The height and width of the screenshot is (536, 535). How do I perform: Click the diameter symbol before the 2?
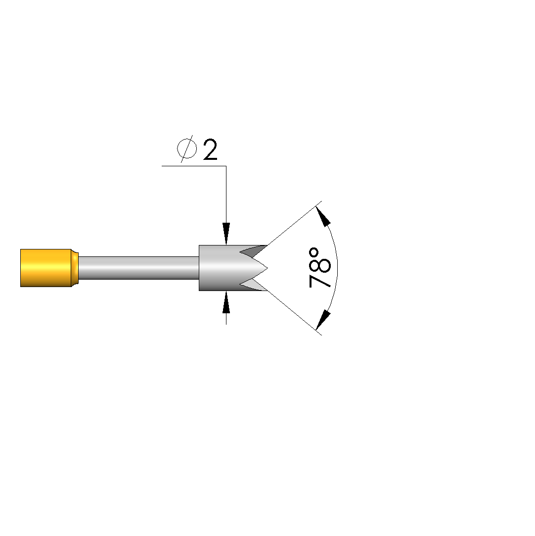pos(187,148)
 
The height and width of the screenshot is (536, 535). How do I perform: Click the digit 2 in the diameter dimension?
pos(210,150)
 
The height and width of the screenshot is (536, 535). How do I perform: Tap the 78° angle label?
pos(319,268)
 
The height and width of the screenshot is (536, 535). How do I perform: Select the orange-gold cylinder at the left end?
pos(46,268)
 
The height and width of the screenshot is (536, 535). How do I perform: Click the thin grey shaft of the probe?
pos(138,268)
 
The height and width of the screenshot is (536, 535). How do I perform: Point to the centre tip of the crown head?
pos(267,268)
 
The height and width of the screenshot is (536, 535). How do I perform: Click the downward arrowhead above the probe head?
pos(226,234)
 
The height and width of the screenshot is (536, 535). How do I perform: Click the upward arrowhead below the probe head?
pos(226,302)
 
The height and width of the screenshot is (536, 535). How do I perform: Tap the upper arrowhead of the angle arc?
pos(323,216)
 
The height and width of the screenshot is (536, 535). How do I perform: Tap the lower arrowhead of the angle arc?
pos(323,320)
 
